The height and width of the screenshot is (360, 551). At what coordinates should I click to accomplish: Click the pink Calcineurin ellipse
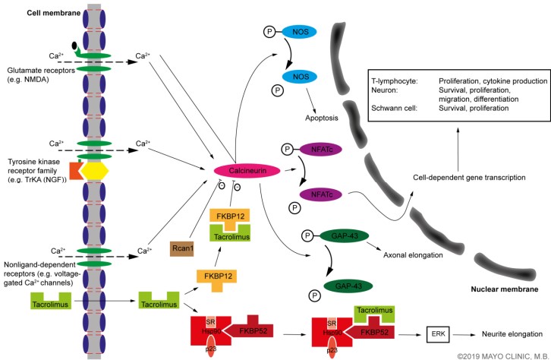[241, 172]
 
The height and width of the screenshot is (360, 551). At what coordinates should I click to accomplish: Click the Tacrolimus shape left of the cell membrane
[51, 303]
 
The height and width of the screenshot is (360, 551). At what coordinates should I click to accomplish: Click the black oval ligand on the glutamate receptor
[73, 46]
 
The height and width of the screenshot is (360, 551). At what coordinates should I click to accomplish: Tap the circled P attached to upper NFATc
[288, 150]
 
